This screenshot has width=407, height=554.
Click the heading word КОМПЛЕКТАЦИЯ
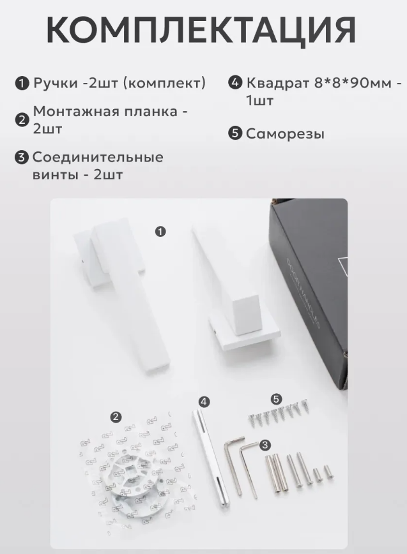pyautogui.click(x=201, y=29)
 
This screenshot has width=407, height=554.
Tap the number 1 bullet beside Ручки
pyautogui.click(x=22, y=84)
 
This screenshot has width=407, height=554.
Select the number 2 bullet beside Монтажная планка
pyautogui.click(x=22, y=120)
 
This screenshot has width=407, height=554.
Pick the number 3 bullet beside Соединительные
pyautogui.click(x=22, y=157)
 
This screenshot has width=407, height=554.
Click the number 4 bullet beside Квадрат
pyautogui.click(x=235, y=83)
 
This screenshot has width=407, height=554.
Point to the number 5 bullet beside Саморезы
pyautogui.click(x=235, y=133)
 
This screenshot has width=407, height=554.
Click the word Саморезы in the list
pyautogui.click(x=285, y=134)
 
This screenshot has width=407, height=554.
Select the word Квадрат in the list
pyautogui.click(x=279, y=84)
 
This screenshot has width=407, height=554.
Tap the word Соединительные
pyautogui.click(x=98, y=158)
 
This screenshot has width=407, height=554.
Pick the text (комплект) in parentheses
pyautogui.click(x=164, y=84)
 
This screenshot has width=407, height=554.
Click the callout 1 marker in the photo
pyautogui.click(x=160, y=232)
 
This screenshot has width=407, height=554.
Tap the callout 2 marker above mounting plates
pyautogui.click(x=116, y=417)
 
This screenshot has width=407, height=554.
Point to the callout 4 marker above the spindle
pyautogui.click(x=204, y=401)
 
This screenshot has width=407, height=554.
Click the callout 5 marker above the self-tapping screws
pyautogui.click(x=276, y=400)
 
